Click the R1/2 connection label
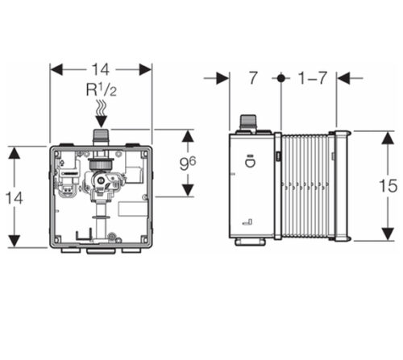click(x=102, y=90)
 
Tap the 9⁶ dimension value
click(x=188, y=163)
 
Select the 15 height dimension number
click(x=388, y=186)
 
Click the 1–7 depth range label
click(x=313, y=78)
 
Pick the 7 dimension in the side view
click(x=253, y=78)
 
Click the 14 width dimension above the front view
click(x=101, y=69)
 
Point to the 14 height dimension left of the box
click(x=15, y=198)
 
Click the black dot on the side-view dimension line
click(x=281, y=78)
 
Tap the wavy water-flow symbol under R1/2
click(x=102, y=108)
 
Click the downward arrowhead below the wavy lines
click(x=102, y=122)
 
